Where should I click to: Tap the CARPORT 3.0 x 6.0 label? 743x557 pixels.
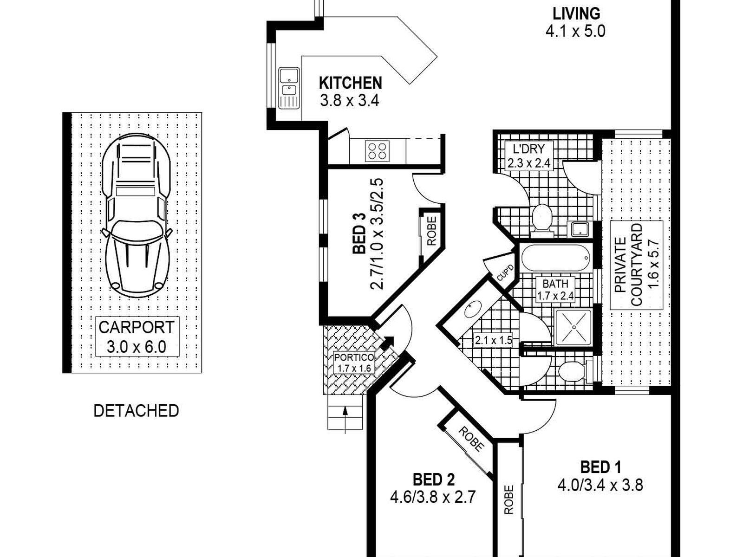pos(137,337)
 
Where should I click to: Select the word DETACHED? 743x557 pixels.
pos(136,411)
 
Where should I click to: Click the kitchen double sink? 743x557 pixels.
pos(289,88)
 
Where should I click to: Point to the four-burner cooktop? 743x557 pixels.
pos(377,151)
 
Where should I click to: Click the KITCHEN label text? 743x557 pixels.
pos(350,83)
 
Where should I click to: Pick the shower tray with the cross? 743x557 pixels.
pos(574,327)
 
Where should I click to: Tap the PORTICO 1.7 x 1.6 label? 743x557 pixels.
pos(354,363)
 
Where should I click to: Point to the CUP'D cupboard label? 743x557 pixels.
pos(505,272)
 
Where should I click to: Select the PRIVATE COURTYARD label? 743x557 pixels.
pos(636,265)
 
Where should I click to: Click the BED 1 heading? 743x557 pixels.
pos(600,468)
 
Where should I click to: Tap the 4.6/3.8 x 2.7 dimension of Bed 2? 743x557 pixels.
pos(433,497)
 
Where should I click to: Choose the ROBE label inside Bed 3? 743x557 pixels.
pos(431,231)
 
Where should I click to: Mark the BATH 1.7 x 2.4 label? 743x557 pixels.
pos(555,290)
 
